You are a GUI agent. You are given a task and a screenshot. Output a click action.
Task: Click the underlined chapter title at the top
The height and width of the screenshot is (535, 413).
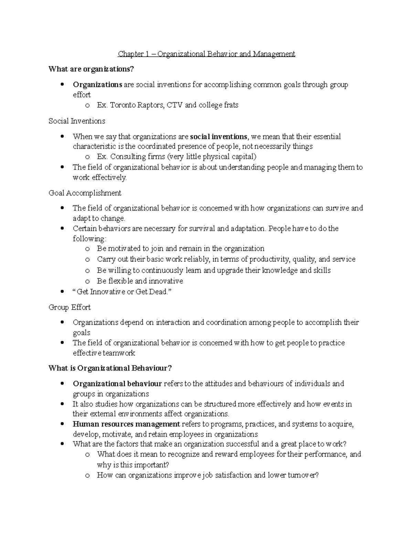pos(206,54)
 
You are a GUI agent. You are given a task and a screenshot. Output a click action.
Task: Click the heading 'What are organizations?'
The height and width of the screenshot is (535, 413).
pos(91,69)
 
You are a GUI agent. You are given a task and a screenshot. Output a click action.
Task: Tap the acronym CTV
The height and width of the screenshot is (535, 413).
pos(175,105)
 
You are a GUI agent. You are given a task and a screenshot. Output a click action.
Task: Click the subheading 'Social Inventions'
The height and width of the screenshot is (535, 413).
pos(77,121)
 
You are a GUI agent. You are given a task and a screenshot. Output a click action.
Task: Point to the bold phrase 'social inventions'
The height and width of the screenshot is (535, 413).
pos(218,137)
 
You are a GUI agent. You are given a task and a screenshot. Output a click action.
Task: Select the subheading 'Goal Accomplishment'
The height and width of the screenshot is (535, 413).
pos(85,193)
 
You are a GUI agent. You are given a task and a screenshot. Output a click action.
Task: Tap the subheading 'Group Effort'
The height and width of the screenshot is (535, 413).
pos(70,307)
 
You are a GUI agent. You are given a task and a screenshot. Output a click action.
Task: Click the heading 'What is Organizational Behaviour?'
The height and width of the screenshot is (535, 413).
pos(110,368)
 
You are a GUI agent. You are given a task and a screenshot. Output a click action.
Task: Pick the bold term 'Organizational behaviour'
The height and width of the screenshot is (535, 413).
pos(117,384)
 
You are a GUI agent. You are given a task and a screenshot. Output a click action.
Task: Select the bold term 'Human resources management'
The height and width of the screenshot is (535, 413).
pos(126,424)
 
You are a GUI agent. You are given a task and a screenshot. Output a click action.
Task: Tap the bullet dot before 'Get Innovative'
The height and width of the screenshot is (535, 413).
pos(62,292)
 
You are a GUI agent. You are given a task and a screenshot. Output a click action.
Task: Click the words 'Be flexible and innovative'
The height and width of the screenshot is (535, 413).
pos(140,281)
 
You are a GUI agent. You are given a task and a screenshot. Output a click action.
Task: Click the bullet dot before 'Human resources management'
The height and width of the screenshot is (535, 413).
pos(62,424)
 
